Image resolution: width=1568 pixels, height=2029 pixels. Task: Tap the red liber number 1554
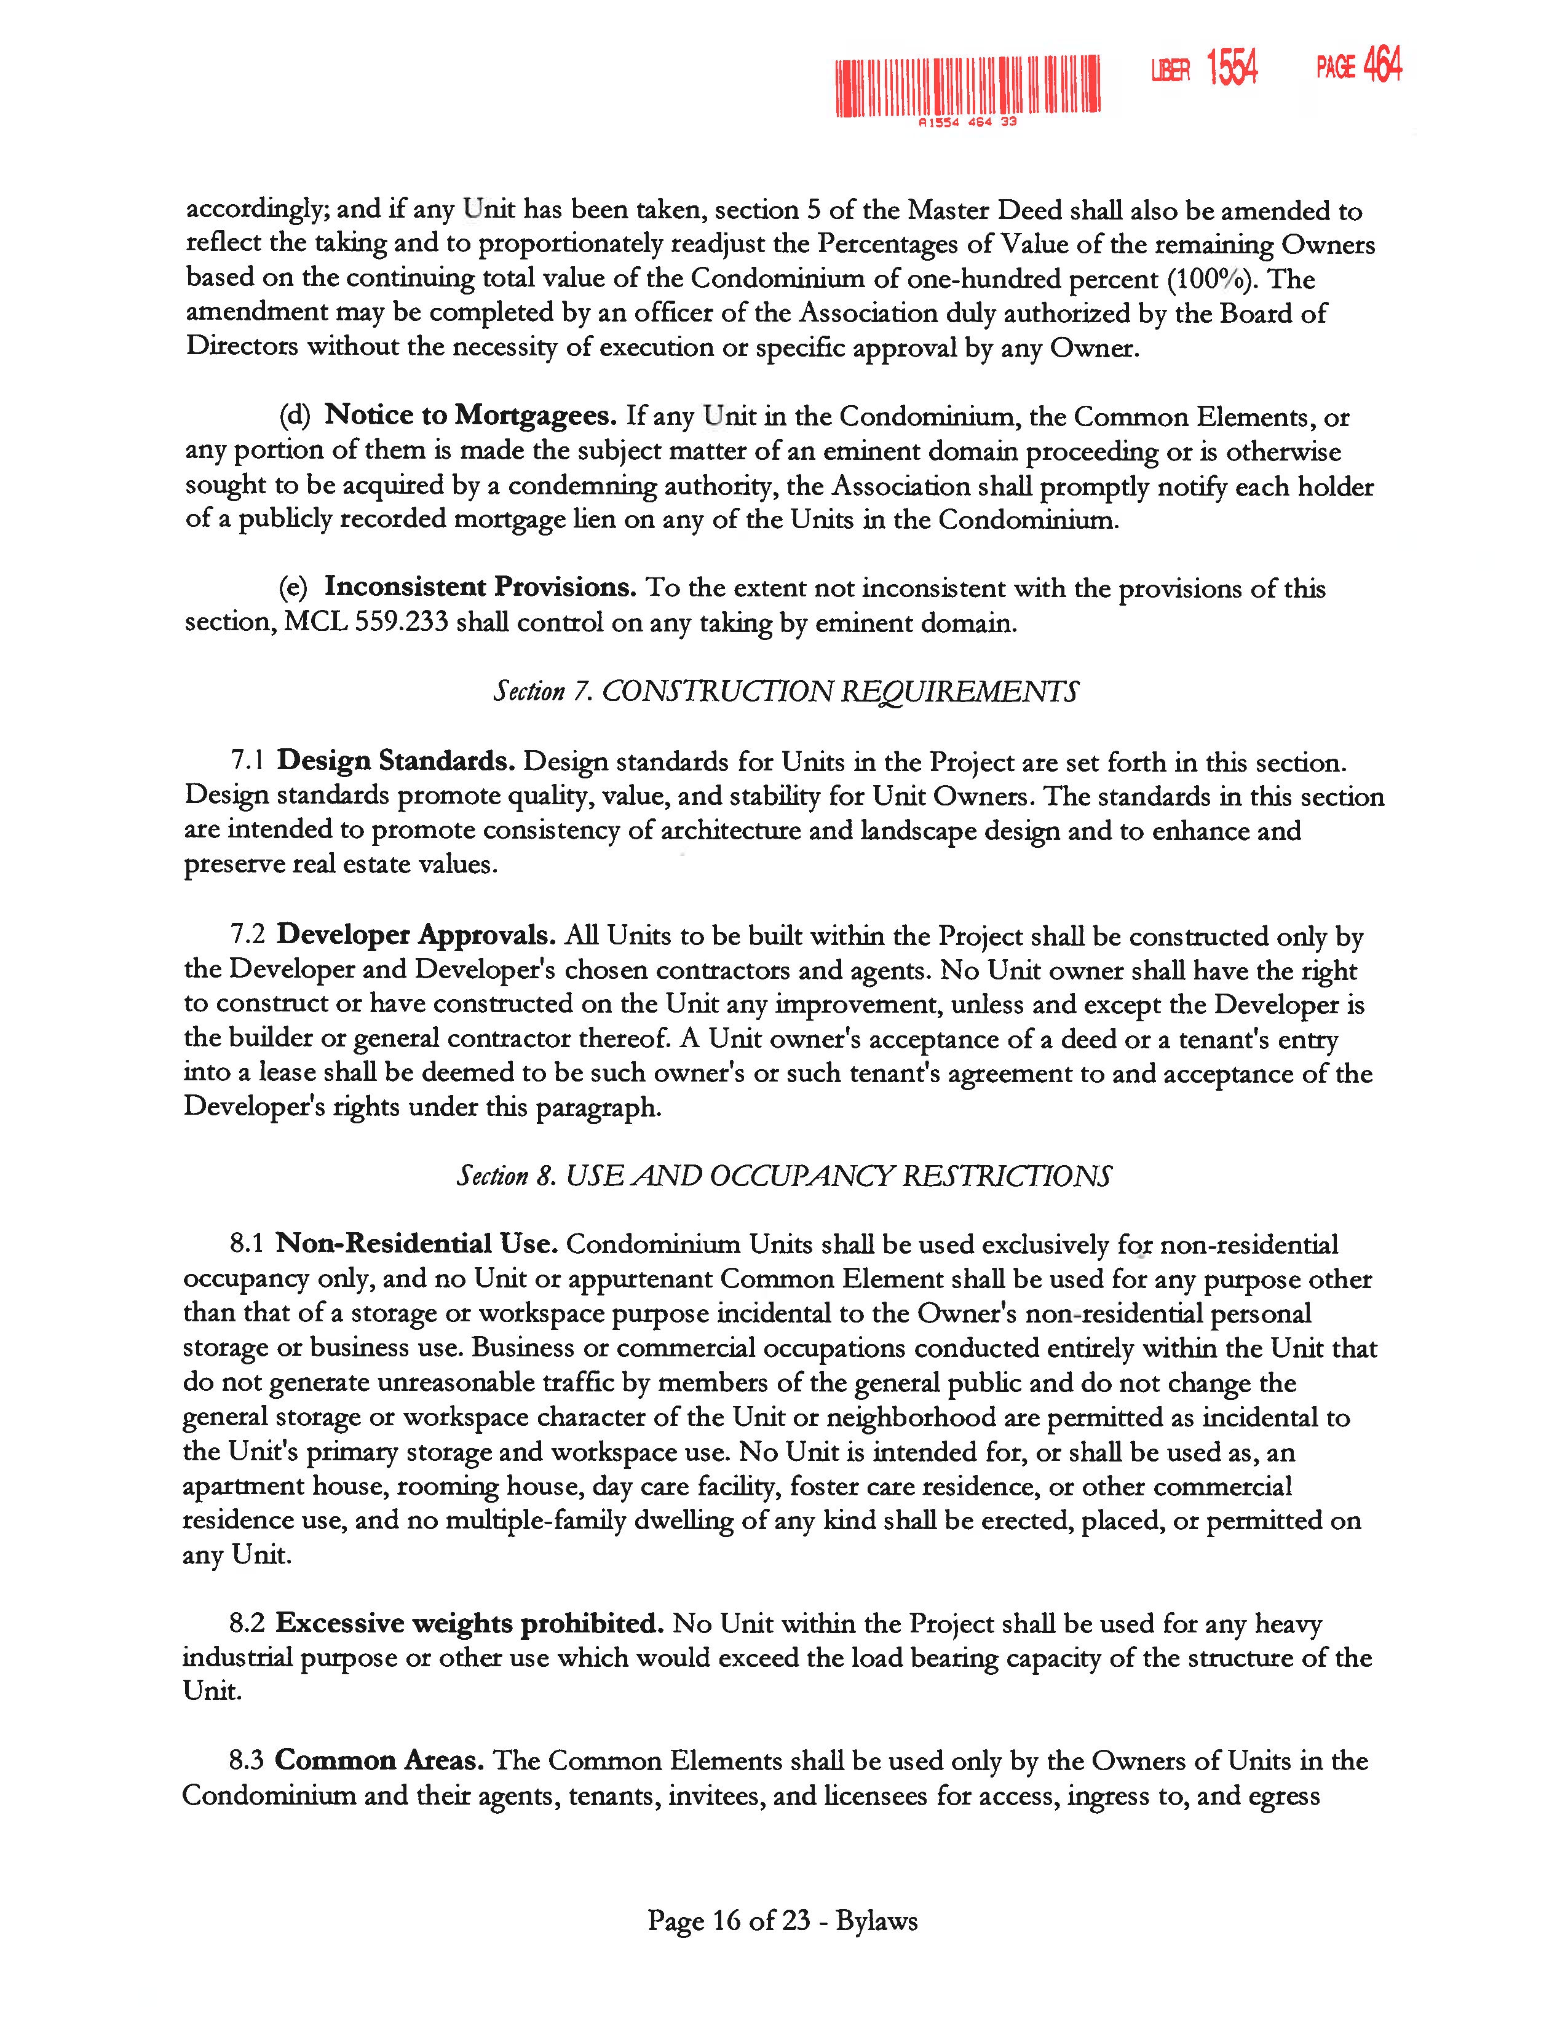click(1232, 68)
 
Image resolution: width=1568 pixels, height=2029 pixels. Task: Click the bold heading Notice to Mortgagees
click(470, 415)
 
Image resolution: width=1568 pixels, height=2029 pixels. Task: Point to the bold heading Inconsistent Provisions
click(480, 587)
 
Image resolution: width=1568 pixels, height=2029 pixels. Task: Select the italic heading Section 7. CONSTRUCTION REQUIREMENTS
click(785, 691)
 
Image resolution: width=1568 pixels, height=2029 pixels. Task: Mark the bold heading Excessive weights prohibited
click(469, 1623)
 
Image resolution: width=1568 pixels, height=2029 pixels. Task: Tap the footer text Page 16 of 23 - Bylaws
click(782, 1920)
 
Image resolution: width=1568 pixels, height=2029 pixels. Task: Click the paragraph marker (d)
click(295, 415)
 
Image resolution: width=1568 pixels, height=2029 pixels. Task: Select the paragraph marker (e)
click(293, 587)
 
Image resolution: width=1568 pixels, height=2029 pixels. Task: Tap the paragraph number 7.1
click(248, 761)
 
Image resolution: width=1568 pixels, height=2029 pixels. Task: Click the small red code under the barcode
click(967, 122)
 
